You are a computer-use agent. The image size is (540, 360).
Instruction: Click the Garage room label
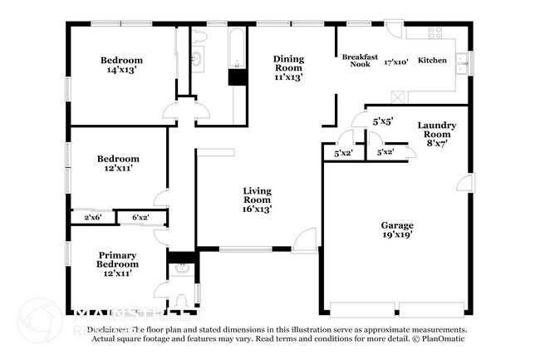(396, 225)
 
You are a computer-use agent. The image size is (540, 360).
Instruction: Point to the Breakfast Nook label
(361, 61)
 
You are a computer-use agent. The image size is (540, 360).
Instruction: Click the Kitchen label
(432, 61)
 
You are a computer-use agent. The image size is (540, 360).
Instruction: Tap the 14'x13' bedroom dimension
(121, 71)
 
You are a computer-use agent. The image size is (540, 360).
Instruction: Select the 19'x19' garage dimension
(397, 235)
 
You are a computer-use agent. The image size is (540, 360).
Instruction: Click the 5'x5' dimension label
(382, 121)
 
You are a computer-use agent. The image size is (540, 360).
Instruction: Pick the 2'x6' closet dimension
(93, 218)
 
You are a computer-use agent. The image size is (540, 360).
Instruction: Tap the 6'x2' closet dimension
(139, 218)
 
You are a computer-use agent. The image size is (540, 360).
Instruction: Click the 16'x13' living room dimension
(257, 209)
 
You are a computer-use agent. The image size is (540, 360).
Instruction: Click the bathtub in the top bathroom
(237, 50)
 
